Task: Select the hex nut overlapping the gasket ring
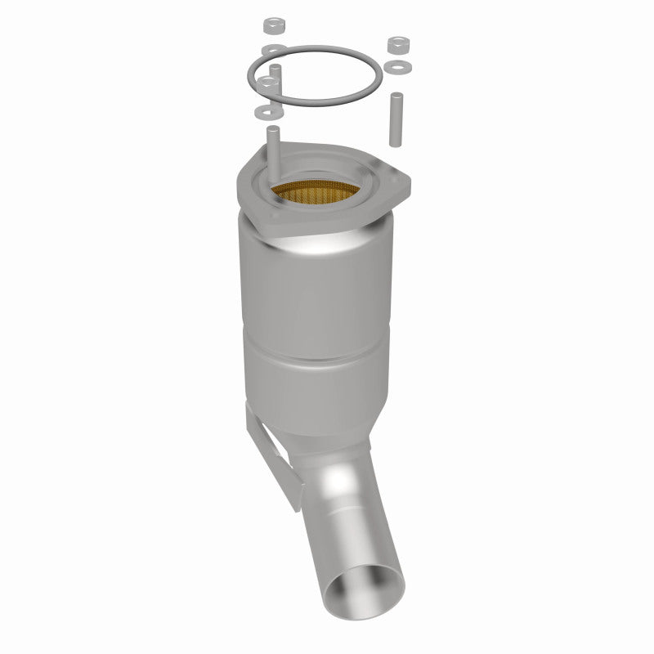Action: click(x=267, y=84)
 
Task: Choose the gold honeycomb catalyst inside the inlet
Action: click(x=318, y=195)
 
